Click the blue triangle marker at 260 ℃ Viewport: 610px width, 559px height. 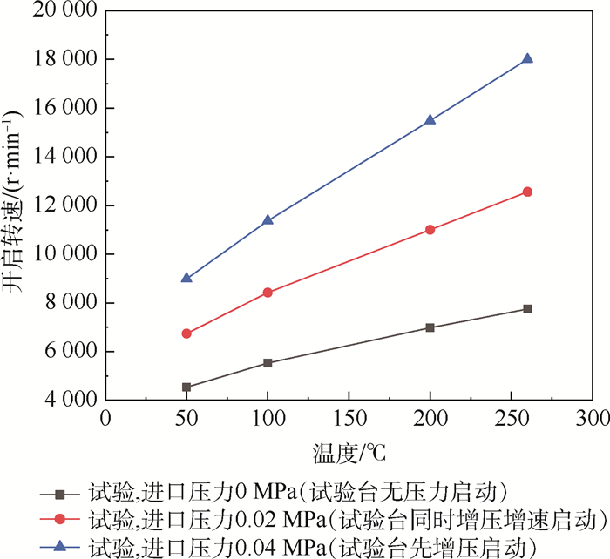tap(527, 58)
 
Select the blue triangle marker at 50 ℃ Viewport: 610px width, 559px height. tap(186, 278)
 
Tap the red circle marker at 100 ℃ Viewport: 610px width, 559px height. tap(268, 293)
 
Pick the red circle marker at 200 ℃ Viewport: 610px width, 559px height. tap(430, 230)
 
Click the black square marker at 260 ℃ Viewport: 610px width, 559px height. tap(527, 309)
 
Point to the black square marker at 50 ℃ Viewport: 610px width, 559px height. tap(186, 387)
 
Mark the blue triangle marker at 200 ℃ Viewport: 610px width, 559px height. tap(430, 120)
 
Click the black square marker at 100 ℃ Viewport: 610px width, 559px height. tap(268, 362)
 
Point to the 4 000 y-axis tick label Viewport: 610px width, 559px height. tap(68, 401)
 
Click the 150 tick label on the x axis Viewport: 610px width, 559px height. tap(349, 420)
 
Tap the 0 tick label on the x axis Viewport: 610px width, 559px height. tap(105, 420)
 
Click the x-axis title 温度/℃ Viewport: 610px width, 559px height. tap(349, 454)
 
